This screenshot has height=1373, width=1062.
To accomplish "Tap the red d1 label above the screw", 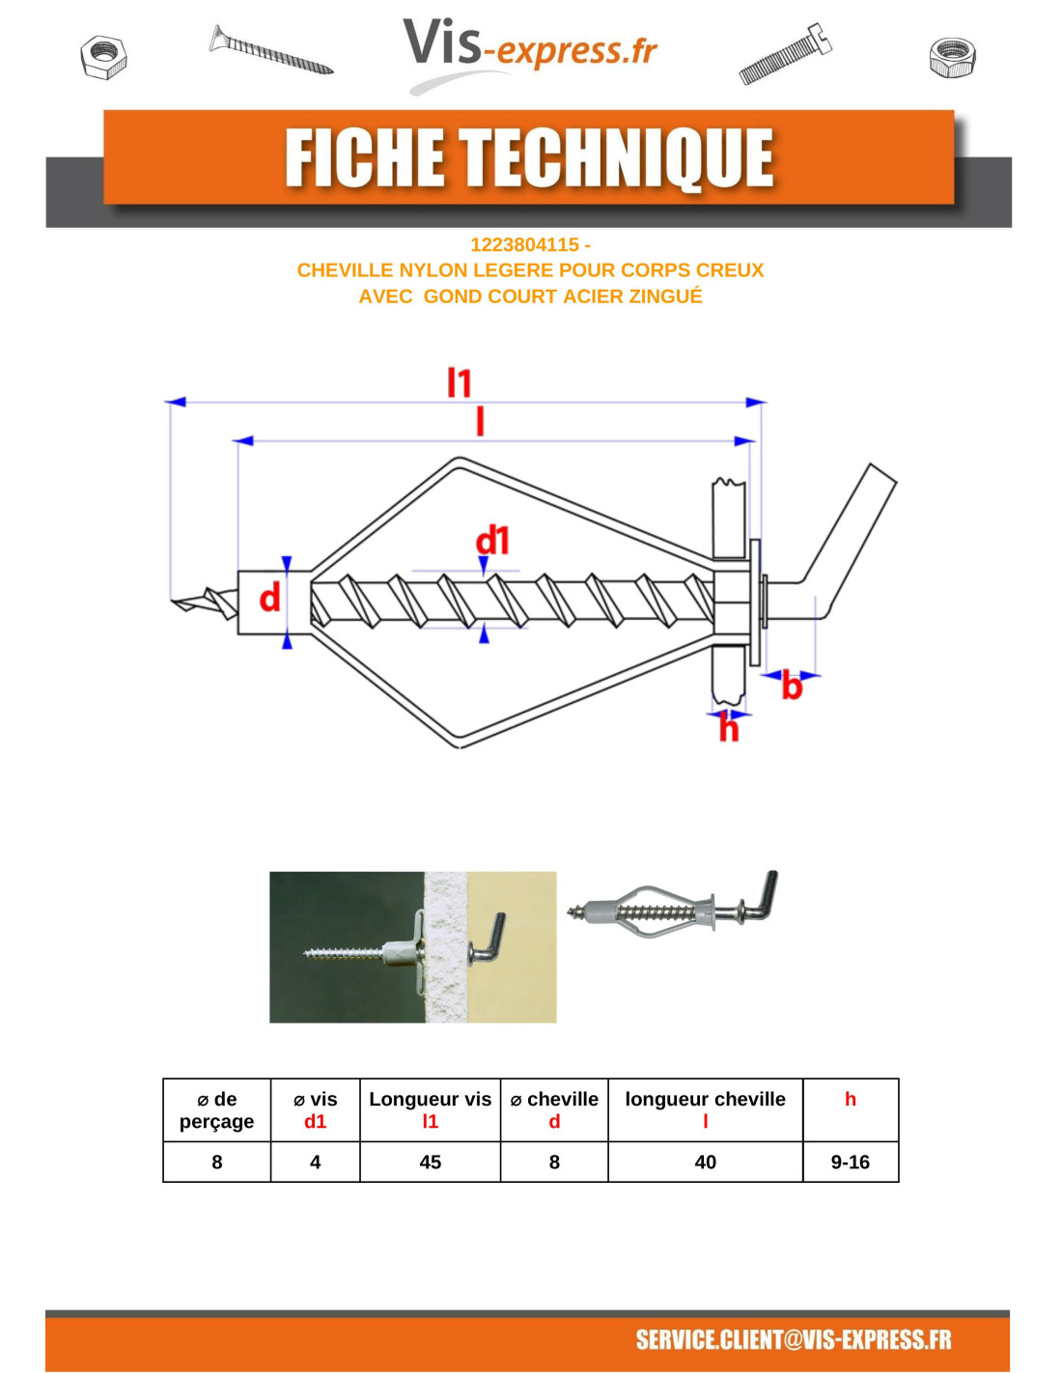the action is click(491, 541).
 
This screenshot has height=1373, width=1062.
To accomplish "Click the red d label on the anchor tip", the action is click(269, 597).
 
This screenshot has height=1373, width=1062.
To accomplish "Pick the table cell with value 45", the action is click(430, 1162).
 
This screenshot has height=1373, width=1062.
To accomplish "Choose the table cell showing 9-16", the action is click(850, 1162).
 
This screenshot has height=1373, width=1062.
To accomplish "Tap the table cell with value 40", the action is click(705, 1162).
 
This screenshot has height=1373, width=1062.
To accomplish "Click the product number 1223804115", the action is click(524, 244).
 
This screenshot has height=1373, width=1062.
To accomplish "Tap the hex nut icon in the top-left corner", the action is click(103, 58).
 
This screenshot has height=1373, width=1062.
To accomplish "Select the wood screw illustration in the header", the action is click(270, 50).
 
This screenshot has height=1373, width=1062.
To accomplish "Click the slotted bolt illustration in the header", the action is click(785, 53).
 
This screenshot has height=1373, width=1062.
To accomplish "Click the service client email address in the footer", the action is click(793, 1339).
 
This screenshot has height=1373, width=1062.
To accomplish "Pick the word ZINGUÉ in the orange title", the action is click(664, 295).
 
